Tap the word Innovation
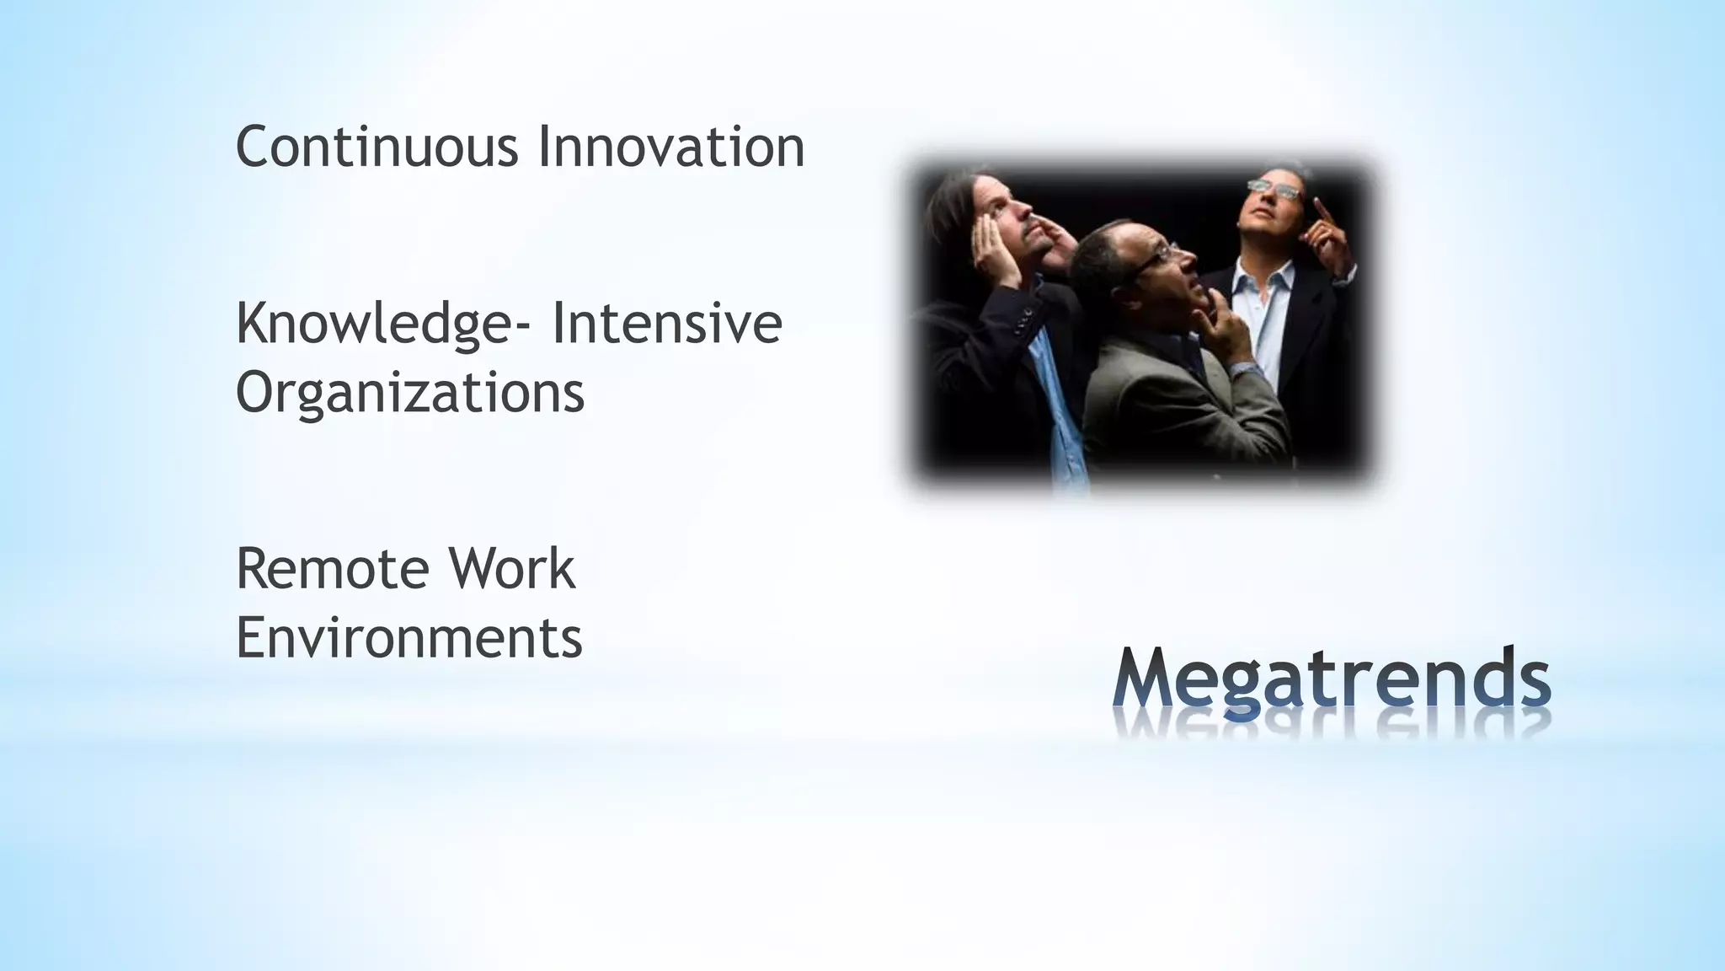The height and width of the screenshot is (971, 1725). click(670, 147)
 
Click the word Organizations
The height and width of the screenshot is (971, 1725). click(409, 392)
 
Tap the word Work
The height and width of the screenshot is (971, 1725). click(511, 569)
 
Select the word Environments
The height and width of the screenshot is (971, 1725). click(409, 637)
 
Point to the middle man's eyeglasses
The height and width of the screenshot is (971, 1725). click(1154, 254)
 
